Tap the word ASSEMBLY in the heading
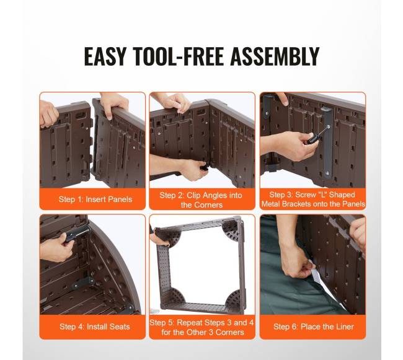click(x=275, y=56)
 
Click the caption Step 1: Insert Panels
click(x=95, y=200)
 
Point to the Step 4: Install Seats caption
click(x=95, y=327)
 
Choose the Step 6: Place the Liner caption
click(x=314, y=327)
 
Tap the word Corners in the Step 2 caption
click(x=208, y=205)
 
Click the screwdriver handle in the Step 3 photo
click(x=314, y=138)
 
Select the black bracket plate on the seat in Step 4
click(x=82, y=283)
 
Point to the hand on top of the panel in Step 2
click(x=175, y=102)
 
